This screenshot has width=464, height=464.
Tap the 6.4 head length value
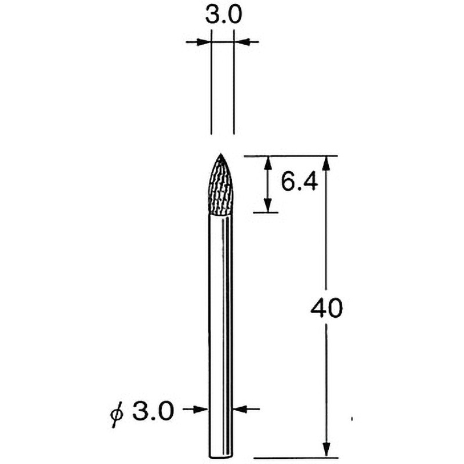click(x=300, y=183)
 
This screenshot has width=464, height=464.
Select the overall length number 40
click(x=327, y=308)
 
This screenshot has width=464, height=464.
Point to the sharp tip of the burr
click(x=221, y=155)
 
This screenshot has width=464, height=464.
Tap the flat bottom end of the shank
click(x=221, y=455)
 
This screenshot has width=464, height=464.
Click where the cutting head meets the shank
click(x=221, y=215)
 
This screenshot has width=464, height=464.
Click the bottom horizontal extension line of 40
click(x=296, y=457)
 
